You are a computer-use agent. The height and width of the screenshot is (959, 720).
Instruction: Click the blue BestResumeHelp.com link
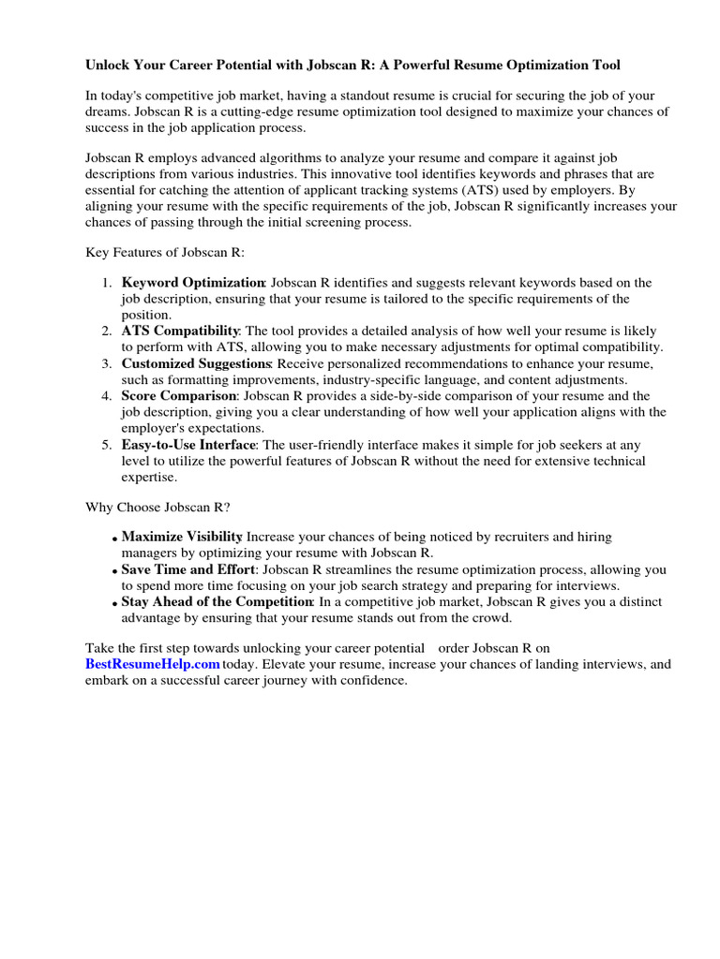153,664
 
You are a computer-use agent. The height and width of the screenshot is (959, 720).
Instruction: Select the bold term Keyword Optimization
193,283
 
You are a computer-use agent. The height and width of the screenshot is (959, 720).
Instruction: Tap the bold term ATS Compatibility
180,332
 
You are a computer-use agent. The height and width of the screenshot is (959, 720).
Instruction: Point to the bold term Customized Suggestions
196,363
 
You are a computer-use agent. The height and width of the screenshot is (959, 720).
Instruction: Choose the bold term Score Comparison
178,396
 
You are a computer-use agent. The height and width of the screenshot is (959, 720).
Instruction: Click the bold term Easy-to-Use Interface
188,445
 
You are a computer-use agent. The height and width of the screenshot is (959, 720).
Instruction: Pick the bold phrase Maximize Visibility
182,537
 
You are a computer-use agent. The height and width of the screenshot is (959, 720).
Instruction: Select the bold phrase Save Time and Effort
187,569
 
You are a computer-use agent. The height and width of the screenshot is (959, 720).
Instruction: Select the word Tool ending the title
604,66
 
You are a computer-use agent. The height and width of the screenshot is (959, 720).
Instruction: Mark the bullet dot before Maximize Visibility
114,539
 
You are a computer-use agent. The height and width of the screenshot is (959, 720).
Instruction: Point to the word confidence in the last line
371,681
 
